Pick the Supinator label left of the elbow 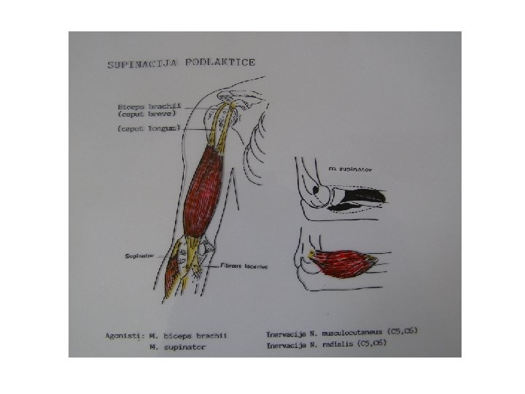[x=139, y=256]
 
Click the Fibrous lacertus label [x=245, y=267]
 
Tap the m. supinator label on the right [x=350, y=167]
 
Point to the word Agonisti [x=122, y=336]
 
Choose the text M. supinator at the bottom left [x=176, y=347]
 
